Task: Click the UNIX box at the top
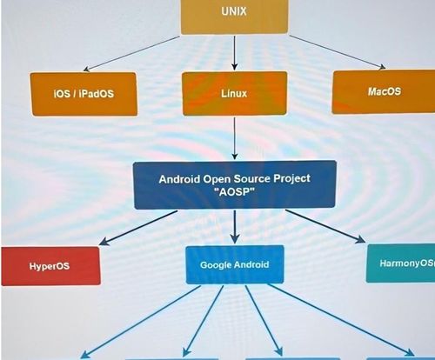[x=234, y=17]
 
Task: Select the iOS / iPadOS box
[x=84, y=94]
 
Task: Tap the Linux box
[x=235, y=93]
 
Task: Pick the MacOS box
[x=384, y=92]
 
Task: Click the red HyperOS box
[x=50, y=266]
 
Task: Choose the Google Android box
[x=235, y=264]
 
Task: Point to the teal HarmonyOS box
[x=400, y=263]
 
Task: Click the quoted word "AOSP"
[x=235, y=192]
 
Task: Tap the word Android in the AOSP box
[x=179, y=179]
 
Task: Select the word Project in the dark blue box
[x=291, y=179]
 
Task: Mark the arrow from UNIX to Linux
[x=235, y=52]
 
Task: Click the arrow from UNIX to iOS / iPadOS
[x=131, y=54]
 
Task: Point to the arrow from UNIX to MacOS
[x=338, y=52]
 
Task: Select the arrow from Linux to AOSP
[x=235, y=138]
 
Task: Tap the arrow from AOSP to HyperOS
[x=138, y=228]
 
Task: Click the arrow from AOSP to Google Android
[x=235, y=227]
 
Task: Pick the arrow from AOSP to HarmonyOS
[x=325, y=226]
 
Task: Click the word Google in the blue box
[x=216, y=265]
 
